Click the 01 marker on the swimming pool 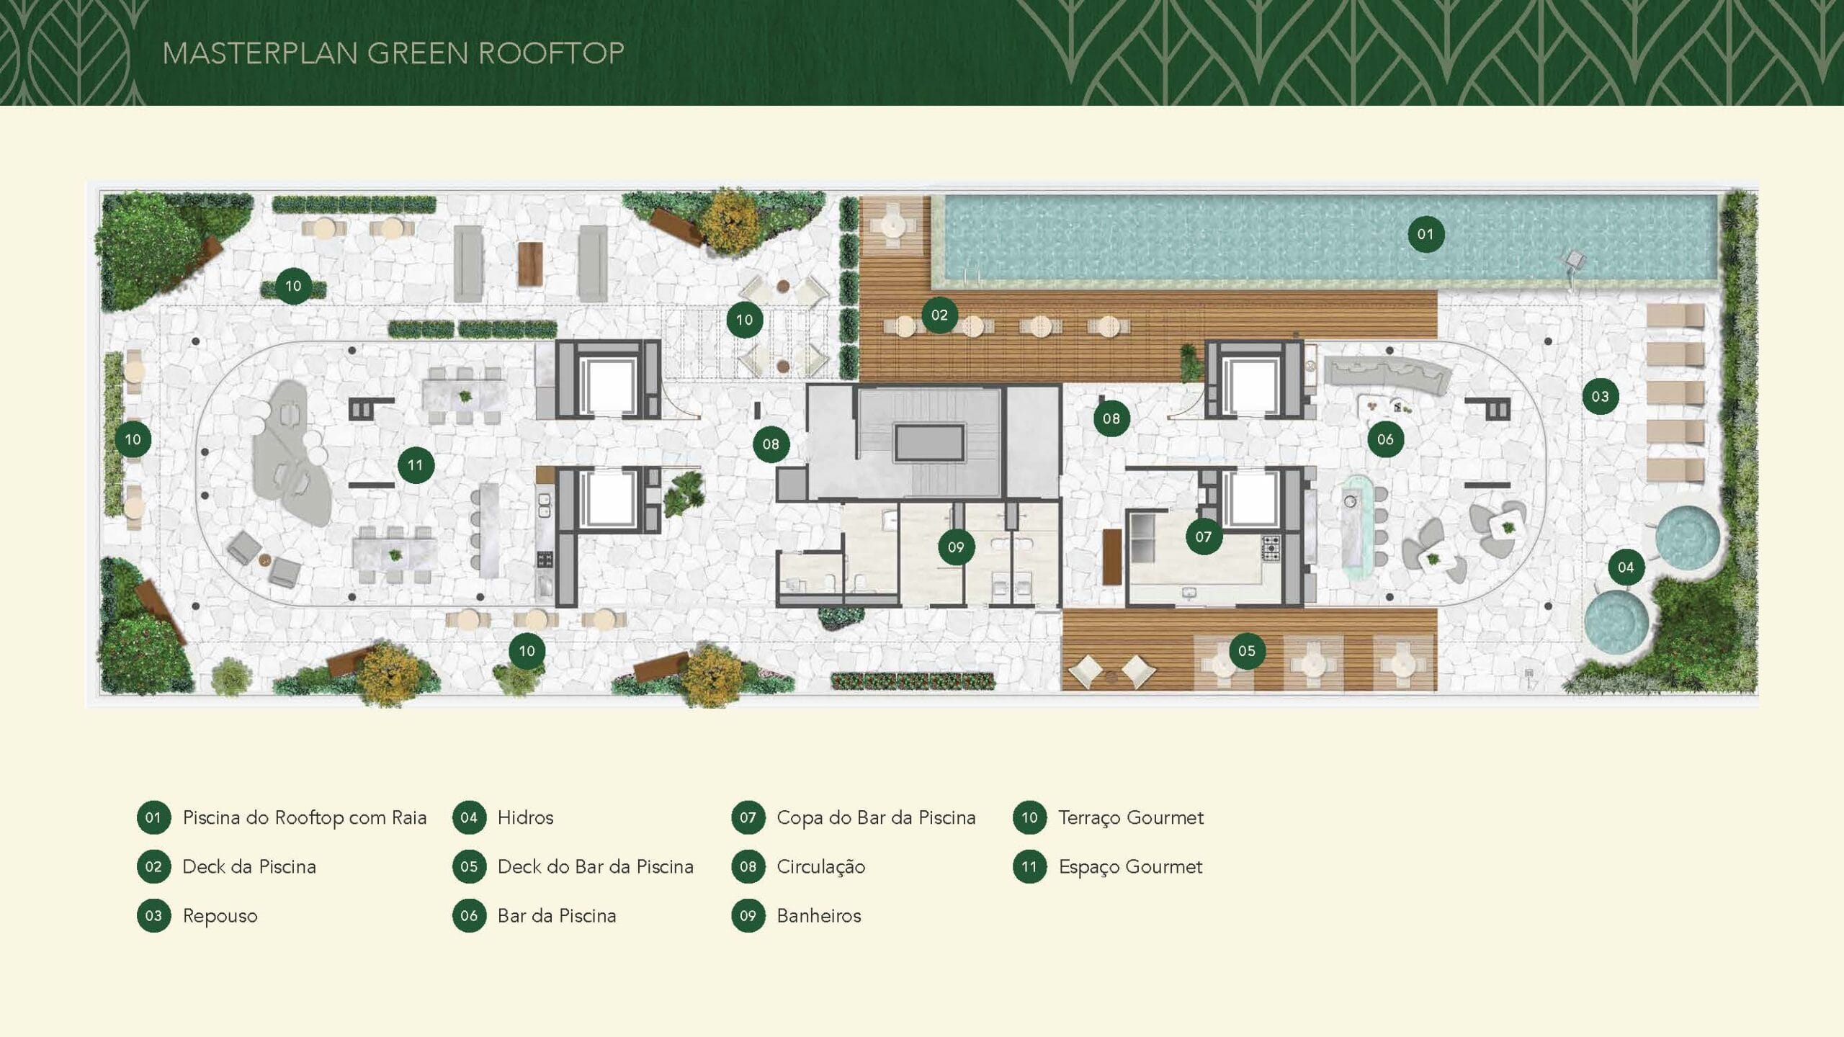[1425, 234]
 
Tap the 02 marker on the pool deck [939, 315]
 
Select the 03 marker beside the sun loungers [1600, 396]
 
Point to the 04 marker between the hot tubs [1626, 567]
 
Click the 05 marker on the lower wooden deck [1247, 651]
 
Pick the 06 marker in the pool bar [1385, 439]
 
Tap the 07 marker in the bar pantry [1203, 537]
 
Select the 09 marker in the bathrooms [956, 547]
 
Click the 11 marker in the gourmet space [416, 465]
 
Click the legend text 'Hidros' [525, 818]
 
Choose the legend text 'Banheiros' [818, 916]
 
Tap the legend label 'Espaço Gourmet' [1130, 867]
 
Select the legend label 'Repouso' [220, 916]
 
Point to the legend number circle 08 [748, 867]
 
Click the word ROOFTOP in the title [551, 53]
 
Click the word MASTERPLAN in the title [260, 53]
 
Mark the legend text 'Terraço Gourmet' [1130, 818]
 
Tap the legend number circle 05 [469, 867]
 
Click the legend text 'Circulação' [820, 867]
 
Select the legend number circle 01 [153, 818]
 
